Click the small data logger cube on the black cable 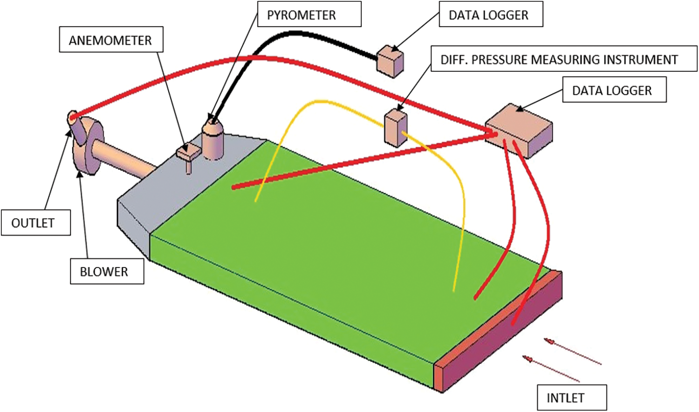[x=390, y=61]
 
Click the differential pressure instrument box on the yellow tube [x=396, y=128]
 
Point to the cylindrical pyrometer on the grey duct [x=213, y=140]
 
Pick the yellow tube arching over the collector [x=326, y=102]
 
